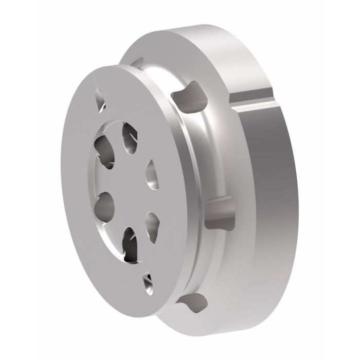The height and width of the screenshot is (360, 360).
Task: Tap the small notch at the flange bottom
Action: pyautogui.click(x=148, y=279)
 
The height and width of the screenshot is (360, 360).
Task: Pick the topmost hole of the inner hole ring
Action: pyautogui.click(x=129, y=137)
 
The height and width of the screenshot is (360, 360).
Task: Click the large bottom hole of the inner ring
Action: pyautogui.click(x=131, y=244)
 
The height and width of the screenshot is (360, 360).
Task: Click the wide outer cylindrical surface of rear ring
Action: pyautogui.click(x=267, y=206)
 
